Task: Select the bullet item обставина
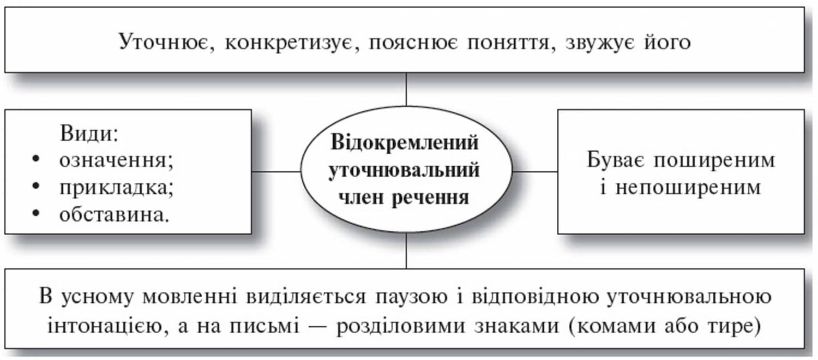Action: point(113,214)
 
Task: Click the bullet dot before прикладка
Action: point(35,187)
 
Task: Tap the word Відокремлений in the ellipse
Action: point(406,145)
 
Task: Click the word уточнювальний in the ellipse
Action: point(406,170)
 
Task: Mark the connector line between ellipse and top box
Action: point(406,89)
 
